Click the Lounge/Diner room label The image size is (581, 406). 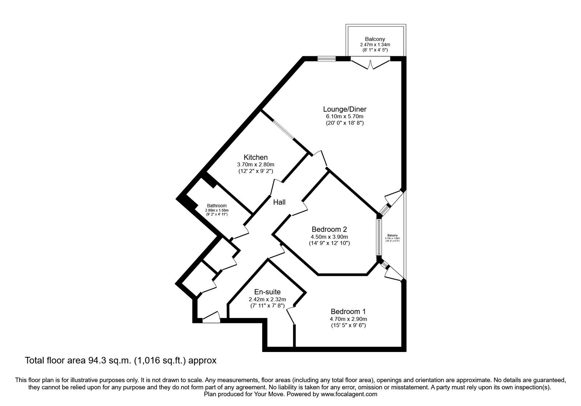click(x=345, y=109)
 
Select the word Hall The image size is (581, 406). click(x=279, y=202)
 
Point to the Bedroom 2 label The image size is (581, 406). click(x=329, y=229)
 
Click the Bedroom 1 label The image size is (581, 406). click(x=348, y=311)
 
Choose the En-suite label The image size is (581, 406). click(x=267, y=292)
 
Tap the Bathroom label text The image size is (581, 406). click(x=216, y=206)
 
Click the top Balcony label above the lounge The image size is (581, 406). click(x=375, y=39)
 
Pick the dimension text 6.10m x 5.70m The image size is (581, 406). click(x=345, y=116)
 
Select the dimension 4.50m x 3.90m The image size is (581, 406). click(x=329, y=237)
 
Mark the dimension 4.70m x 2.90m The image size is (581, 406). click(x=348, y=319)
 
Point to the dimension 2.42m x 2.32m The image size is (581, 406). click(x=267, y=299)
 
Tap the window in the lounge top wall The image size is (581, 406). click(x=326, y=58)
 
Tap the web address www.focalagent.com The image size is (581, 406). click(x=349, y=394)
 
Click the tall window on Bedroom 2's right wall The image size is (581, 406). click(x=378, y=237)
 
